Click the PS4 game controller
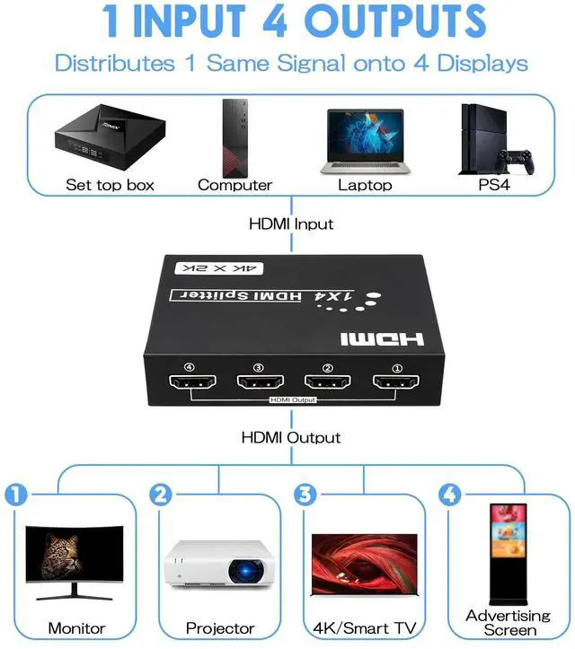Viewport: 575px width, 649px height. click(x=516, y=162)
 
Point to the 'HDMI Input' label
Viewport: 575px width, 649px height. click(x=290, y=224)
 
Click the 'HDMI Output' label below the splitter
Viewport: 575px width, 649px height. click(x=291, y=437)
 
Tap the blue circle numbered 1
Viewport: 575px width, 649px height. click(x=17, y=494)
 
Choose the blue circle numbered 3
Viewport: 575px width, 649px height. click(x=306, y=494)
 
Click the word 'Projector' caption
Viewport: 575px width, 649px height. click(x=220, y=628)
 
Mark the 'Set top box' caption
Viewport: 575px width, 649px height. click(x=111, y=185)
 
